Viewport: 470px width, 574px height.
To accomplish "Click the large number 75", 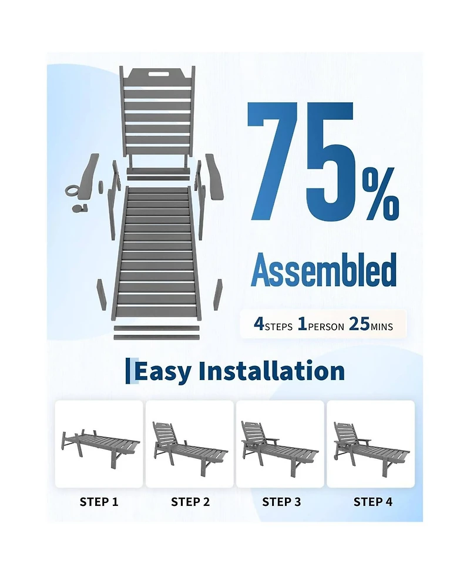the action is click(300, 161).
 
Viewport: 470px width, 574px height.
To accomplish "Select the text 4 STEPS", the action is click(273, 324).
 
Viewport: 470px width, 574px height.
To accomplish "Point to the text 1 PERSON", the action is click(321, 324).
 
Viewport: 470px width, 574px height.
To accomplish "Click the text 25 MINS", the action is click(371, 324).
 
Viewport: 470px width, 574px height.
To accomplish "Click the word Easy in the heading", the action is click(163, 372).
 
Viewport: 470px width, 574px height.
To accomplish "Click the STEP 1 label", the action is click(99, 502).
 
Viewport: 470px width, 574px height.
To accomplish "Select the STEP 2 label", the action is click(190, 502).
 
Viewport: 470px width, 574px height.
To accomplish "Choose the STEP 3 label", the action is click(281, 502).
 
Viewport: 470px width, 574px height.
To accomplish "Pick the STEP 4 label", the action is click(373, 502).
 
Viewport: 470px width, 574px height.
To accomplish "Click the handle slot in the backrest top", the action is click(157, 73).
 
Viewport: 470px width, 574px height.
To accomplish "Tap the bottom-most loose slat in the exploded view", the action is click(156, 337).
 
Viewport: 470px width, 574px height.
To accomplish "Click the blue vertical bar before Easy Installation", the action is click(127, 371).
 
